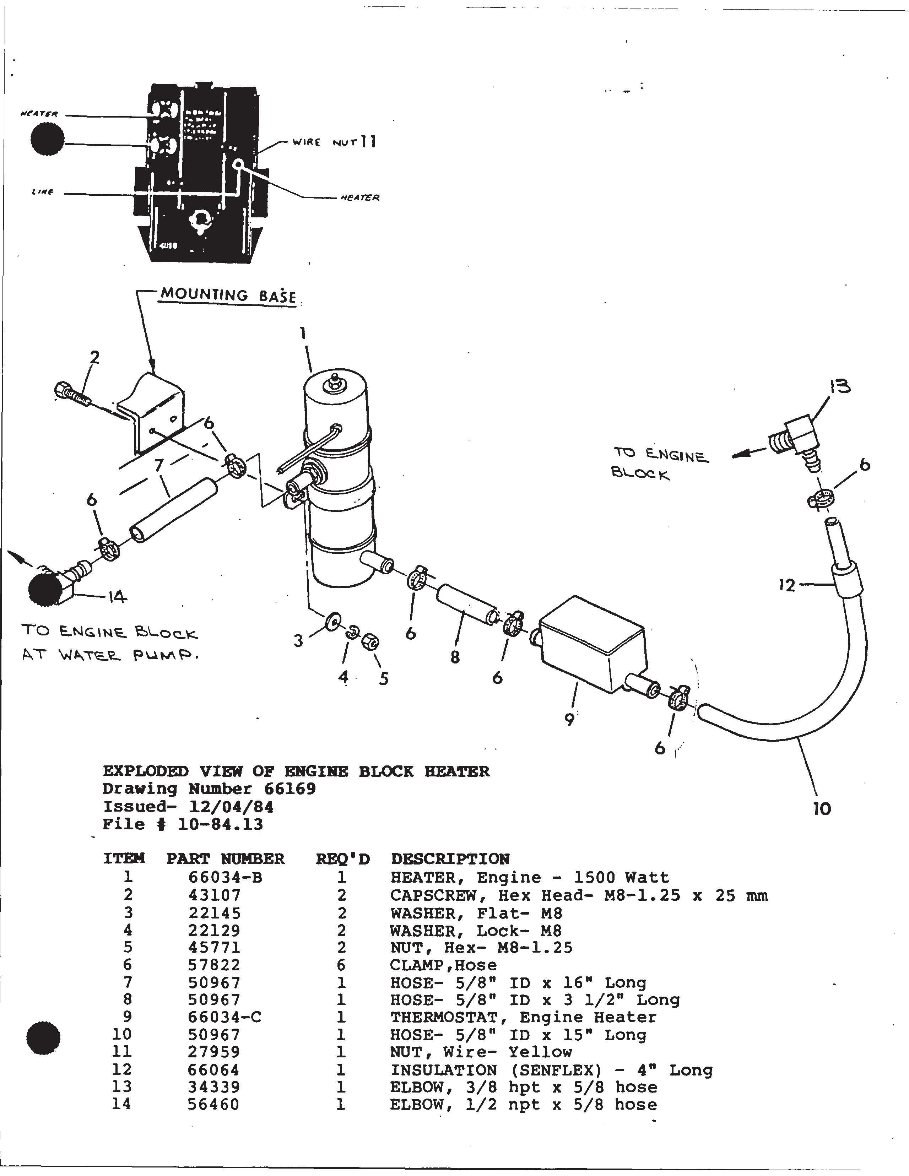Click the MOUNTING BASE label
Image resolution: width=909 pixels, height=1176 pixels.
tap(228, 296)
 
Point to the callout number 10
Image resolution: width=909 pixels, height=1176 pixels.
tap(822, 809)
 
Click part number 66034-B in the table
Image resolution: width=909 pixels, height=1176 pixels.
tap(225, 878)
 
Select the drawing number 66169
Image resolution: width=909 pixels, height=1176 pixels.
tap(290, 789)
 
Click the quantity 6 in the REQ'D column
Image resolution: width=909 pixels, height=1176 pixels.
tap(341, 965)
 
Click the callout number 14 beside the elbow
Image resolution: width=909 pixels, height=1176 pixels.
tap(117, 597)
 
